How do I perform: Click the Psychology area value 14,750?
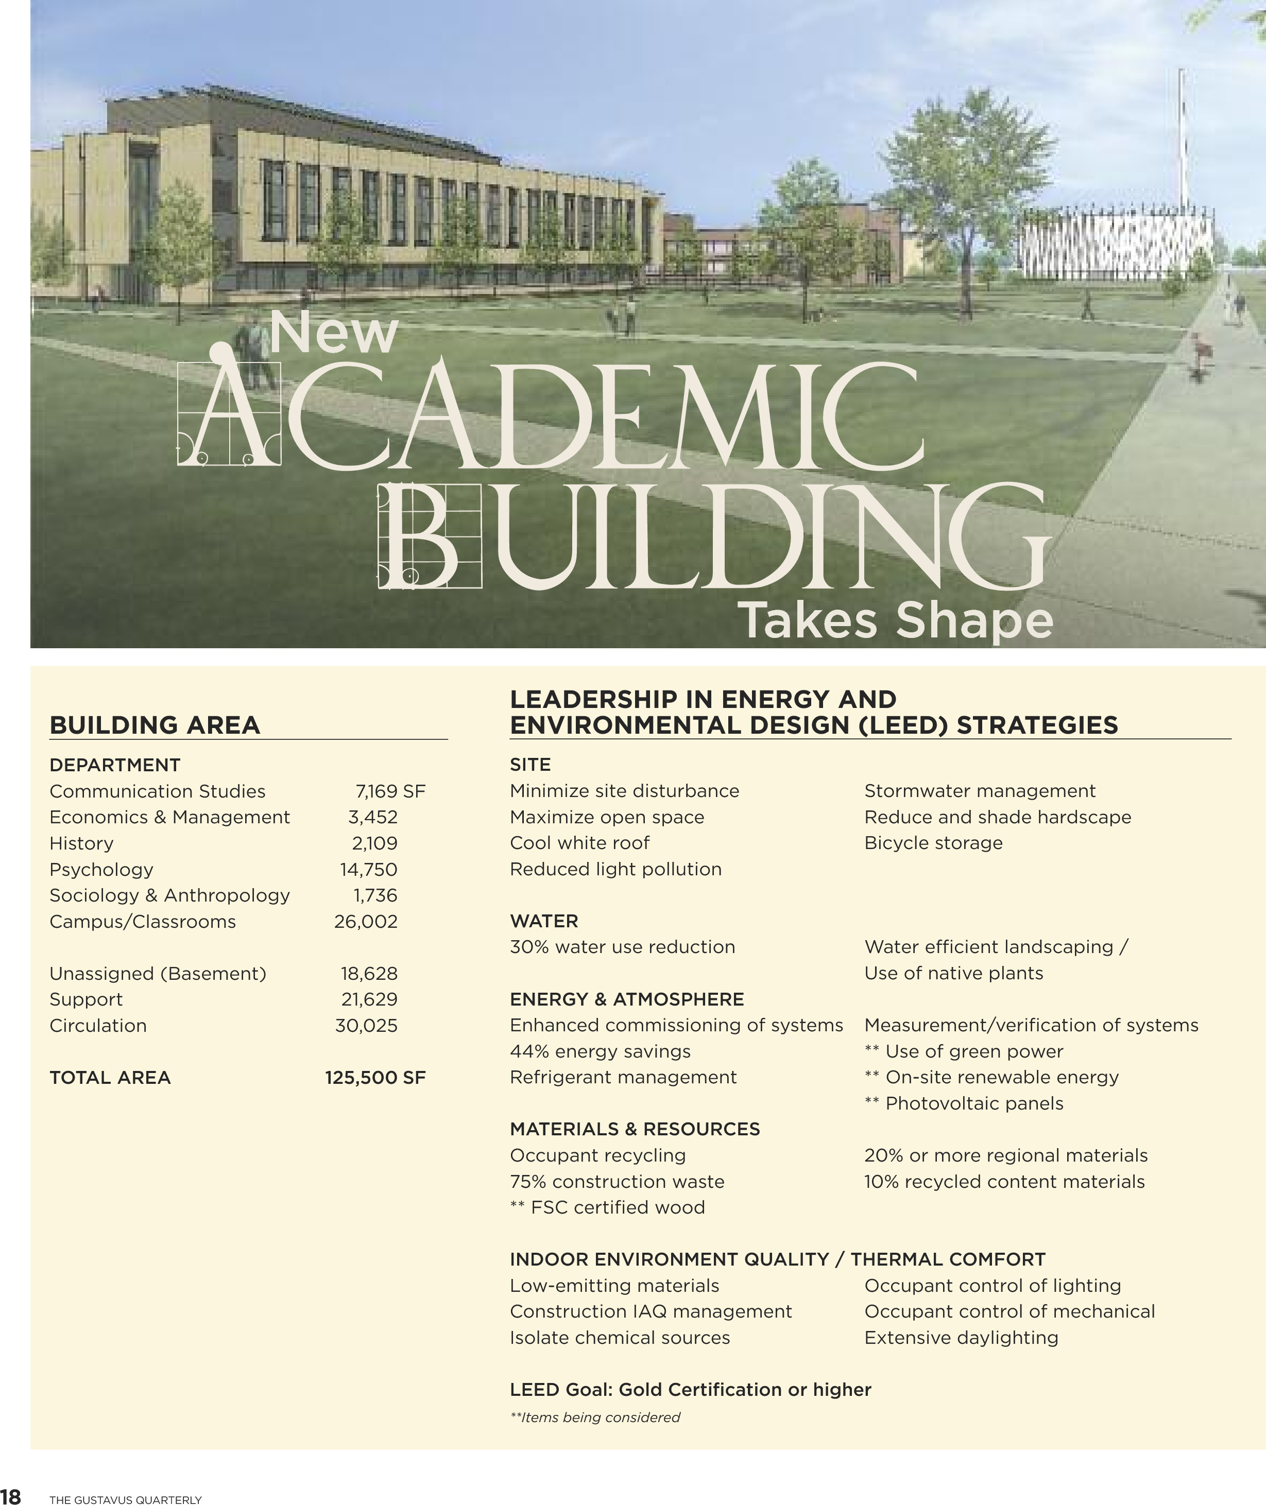pos(368,870)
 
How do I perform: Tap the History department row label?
pos(81,843)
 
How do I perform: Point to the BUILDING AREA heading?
pos(155,725)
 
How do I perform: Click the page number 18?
pos(11,1496)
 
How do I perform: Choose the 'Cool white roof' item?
pos(579,843)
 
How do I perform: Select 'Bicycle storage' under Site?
pos(933,843)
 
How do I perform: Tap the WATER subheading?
pos(543,921)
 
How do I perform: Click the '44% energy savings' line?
pos(600,1051)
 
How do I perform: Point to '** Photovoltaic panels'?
pos(964,1103)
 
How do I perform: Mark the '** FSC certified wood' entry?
pos(607,1207)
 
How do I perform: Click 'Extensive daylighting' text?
pos(961,1338)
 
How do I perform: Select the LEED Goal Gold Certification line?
pos(690,1390)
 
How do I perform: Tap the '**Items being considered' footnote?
pos(595,1417)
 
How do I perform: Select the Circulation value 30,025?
pos(366,1026)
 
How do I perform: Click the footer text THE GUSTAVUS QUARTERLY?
pos(126,1499)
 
